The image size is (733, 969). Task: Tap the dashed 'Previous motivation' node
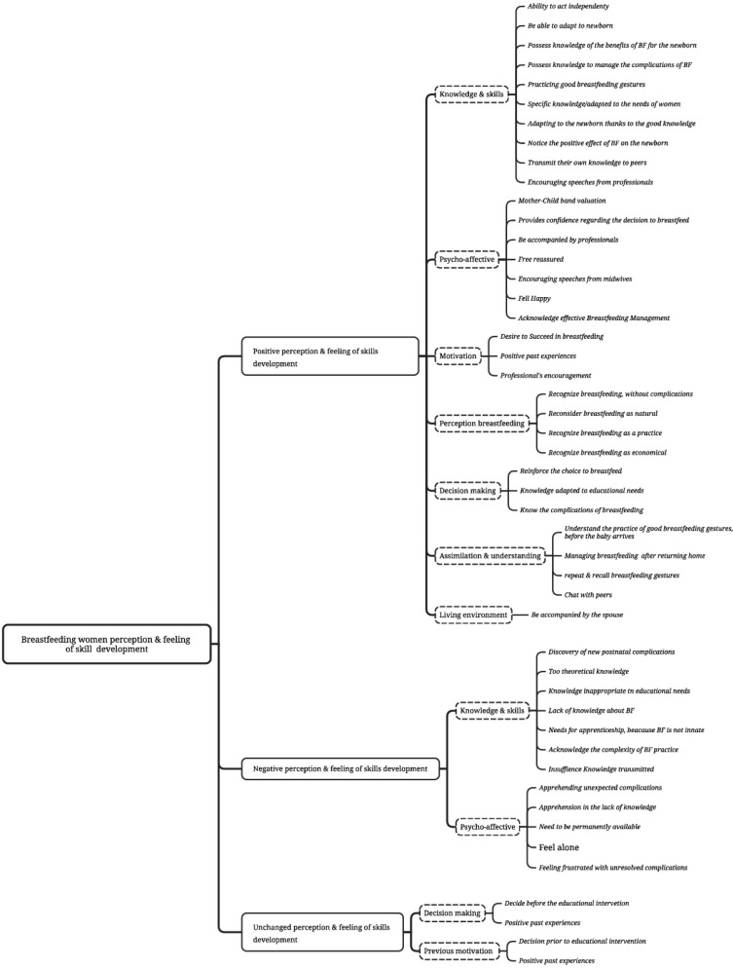tap(456, 950)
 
